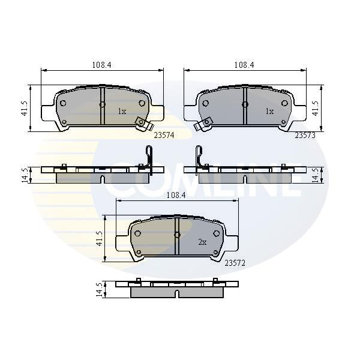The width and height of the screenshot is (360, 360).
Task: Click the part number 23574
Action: click(x=164, y=136)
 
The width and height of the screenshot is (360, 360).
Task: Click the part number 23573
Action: click(x=305, y=136)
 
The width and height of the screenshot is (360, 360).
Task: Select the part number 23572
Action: click(x=235, y=263)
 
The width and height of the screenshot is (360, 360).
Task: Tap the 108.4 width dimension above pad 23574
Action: click(x=102, y=65)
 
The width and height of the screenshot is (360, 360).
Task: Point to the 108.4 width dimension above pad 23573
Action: click(x=244, y=65)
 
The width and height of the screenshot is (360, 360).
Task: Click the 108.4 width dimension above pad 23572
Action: click(x=176, y=196)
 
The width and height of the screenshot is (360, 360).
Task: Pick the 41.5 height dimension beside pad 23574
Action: click(x=25, y=108)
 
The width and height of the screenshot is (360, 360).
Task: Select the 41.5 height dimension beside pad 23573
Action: click(x=316, y=108)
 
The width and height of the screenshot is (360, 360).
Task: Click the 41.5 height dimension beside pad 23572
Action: click(x=99, y=239)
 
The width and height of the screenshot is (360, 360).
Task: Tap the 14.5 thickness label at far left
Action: click(x=25, y=175)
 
